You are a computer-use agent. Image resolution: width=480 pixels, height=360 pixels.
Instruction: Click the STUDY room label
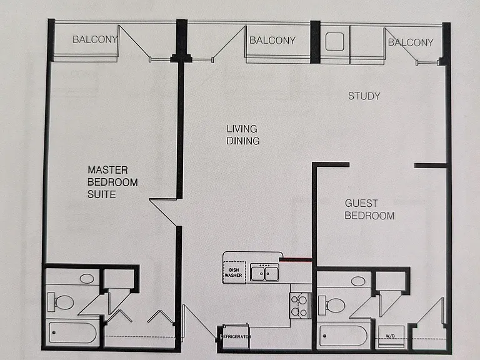364,96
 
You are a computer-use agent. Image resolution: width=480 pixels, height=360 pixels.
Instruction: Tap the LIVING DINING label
243,135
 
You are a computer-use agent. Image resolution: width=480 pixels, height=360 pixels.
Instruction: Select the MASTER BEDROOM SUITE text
112,182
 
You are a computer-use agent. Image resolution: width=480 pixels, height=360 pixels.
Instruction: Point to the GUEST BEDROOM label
369,209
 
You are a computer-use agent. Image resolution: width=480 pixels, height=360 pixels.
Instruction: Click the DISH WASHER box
234,272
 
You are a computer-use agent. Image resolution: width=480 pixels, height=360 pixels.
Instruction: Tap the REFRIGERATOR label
236,337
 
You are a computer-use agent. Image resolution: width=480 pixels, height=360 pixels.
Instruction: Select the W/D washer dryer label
390,336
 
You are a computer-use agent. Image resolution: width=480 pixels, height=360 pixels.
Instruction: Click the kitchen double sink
264,272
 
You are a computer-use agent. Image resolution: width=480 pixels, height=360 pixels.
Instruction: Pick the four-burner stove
300,306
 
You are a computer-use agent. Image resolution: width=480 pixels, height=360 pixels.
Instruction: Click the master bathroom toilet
61,302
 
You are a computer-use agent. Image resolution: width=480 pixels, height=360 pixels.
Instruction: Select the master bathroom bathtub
73,332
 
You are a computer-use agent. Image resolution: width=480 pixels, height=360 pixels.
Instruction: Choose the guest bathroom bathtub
343,336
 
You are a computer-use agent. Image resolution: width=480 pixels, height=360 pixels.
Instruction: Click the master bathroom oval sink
87,279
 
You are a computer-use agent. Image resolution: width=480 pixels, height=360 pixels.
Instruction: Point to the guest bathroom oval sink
358,281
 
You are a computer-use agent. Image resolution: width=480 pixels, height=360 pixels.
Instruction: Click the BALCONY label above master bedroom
95,39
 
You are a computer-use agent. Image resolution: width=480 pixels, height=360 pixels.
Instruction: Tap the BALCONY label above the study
411,42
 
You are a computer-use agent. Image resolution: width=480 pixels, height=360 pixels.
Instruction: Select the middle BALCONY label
272,41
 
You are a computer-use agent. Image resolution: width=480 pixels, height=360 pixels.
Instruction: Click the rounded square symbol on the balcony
334,41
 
